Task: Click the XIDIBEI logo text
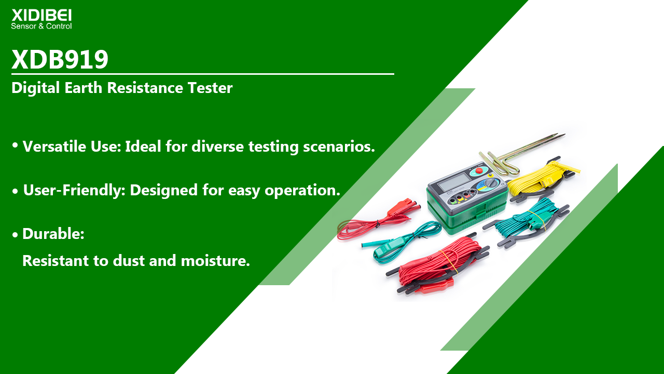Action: tap(41, 16)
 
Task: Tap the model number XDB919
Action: tap(60, 60)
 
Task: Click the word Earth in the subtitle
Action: tap(84, 88)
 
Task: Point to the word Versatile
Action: tap(54, 146)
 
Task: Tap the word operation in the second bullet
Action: tap(302, 190)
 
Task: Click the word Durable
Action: tap(53, 234)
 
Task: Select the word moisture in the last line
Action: tap(215, 261)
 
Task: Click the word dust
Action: tap(129, 261)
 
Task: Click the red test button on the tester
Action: tap(479, 171)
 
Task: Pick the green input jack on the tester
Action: tap(453, 201)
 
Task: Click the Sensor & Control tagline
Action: tap(41, 26)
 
